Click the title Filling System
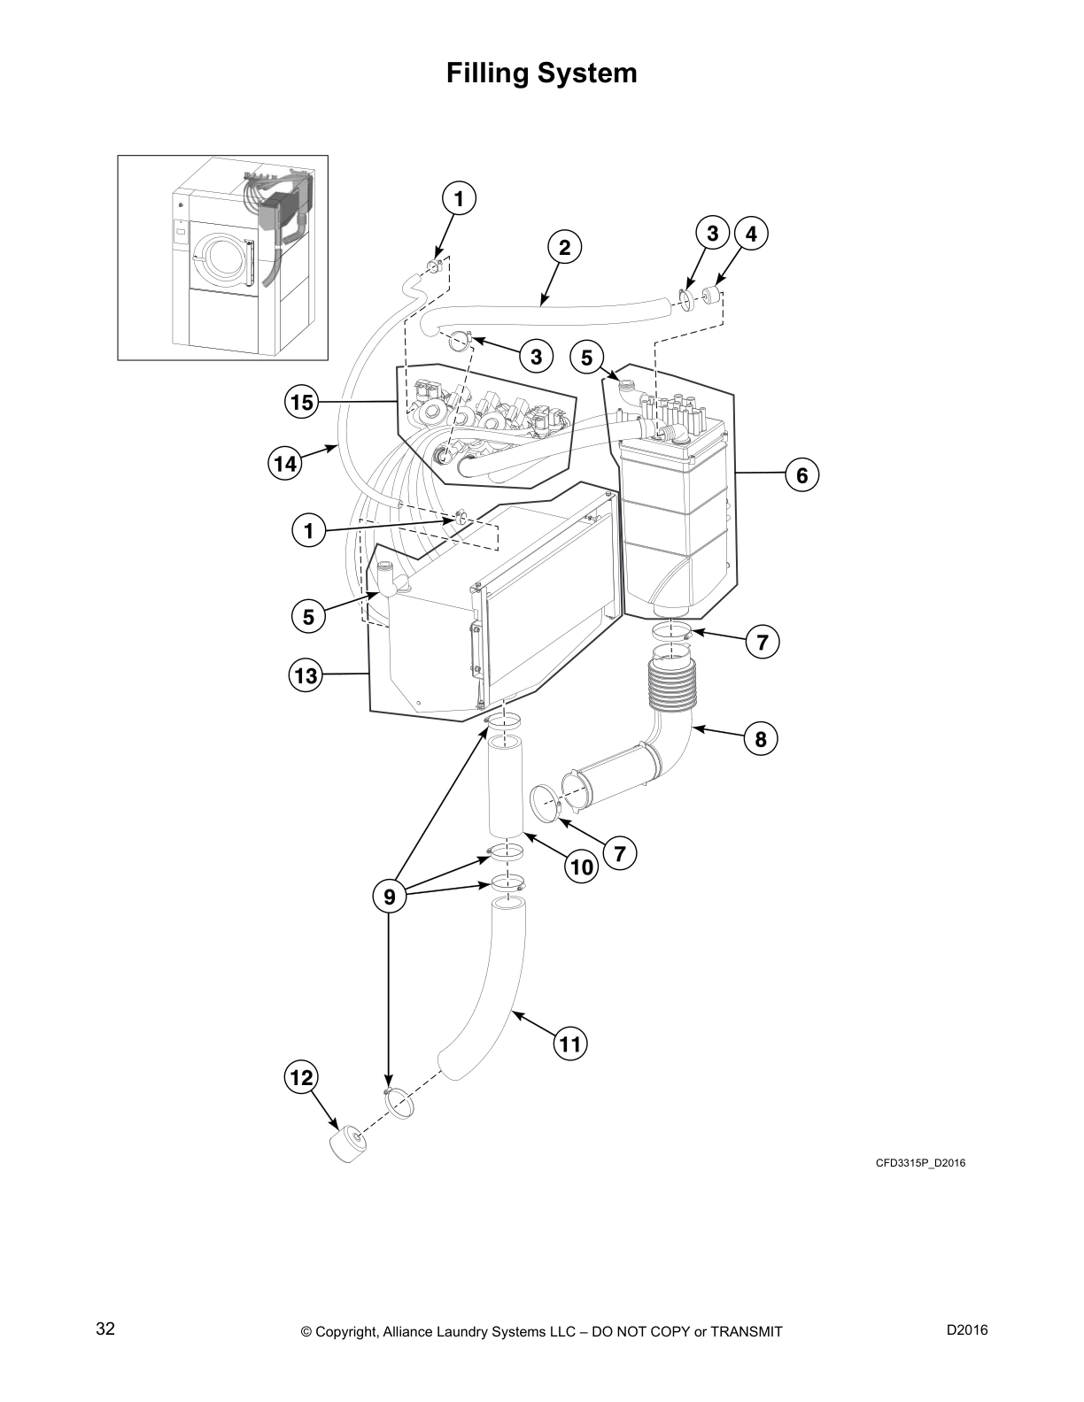point(541,73)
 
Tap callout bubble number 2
point(564,247)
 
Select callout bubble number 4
point(751,234)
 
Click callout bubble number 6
point(801,475)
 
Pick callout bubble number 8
point(761,738)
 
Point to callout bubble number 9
point(389,897)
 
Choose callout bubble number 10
point(582,867)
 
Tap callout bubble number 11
point(570,1044)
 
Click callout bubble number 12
point(300,1077)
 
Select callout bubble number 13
point(306,676)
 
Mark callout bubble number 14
point(283,462)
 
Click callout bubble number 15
point(301,403)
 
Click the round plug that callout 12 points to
point(346,1145)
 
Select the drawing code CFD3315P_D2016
point(920,1163)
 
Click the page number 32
point(105,1329)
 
